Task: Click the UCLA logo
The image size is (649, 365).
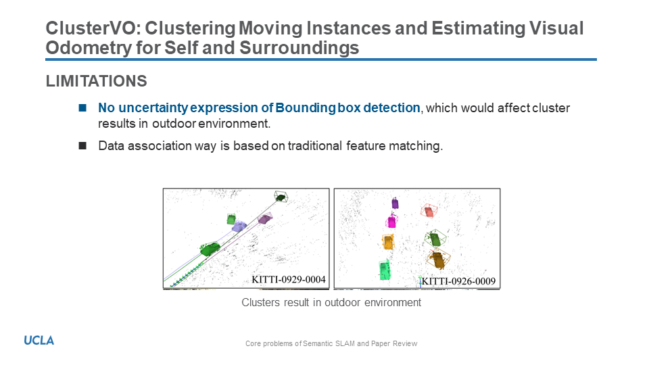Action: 39,341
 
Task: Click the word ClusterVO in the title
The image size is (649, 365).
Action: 93,28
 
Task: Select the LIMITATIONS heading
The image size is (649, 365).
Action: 96,81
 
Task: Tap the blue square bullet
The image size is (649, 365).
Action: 82,108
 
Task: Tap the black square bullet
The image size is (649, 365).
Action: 82,146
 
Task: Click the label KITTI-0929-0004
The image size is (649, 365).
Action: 289,279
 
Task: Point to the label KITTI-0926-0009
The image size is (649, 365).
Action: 458,281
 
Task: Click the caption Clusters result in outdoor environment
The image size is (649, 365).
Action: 331,303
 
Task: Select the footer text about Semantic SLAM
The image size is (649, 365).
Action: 331,343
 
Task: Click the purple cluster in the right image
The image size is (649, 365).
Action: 395,203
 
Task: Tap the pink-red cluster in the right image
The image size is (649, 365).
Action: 429,211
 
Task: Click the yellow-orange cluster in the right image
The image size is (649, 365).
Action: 388,242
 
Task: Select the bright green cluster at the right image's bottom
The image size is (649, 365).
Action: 385,270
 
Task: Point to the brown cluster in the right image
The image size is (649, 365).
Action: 437,260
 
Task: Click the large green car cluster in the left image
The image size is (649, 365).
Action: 210,248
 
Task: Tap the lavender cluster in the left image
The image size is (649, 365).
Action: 239,226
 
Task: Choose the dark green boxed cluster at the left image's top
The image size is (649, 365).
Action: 281,197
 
